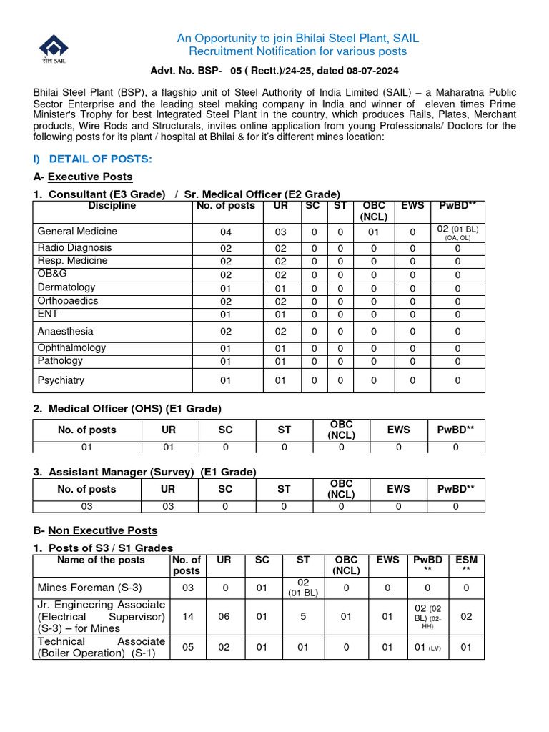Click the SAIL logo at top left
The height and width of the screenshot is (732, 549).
tap(54, 49)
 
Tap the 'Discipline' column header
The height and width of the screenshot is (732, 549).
tap(112, 206)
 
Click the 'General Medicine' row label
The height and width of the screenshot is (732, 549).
tap(77, 232)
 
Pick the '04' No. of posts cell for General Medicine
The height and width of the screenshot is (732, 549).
tap(226, 232)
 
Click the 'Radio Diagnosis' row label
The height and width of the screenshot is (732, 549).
tap(74, 248)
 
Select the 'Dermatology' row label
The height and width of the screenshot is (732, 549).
tap(66, 287)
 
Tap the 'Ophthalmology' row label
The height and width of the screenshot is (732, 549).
tap(71, 348)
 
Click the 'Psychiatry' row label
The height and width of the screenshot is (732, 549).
tap(61, 380)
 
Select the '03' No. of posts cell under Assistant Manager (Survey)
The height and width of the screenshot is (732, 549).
tap(86, 506)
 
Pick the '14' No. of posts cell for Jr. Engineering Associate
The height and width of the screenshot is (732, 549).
tap(187, 616)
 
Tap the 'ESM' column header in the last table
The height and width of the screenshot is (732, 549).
tap(466, 565)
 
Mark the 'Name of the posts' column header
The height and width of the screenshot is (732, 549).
tap(101, 560)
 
